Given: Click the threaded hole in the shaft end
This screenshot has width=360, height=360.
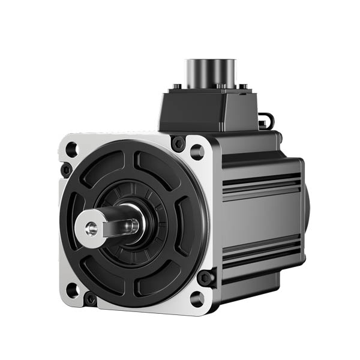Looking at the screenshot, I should pyautogui.click(x=91, y=228).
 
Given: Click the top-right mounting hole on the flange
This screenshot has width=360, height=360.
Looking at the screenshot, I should pyautogui.click(x=197, y=151).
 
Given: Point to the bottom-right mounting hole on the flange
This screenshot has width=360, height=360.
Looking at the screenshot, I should pyautogui.click(x=197, y=298).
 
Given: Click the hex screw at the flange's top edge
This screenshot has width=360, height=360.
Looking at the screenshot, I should pyautogui.click(x=178, y=144).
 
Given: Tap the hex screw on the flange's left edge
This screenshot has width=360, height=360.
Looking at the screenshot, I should pyautogui.click(x=65, y=170).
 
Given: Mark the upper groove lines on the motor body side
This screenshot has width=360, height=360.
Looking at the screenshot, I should pyautogui.click(x=261, y=183).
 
